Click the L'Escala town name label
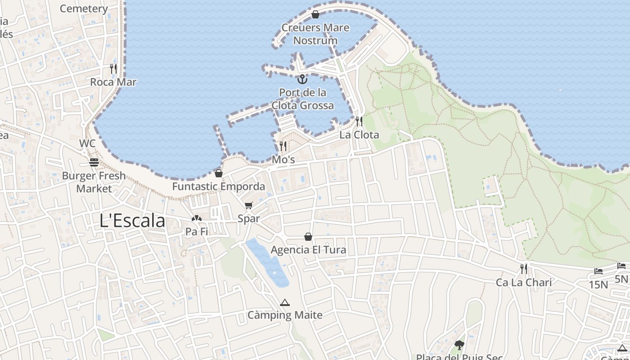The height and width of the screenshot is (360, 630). [x=132, y=221]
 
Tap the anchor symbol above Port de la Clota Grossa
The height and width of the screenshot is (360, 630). [x=302, y=80]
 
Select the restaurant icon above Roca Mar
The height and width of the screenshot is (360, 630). [x=113, y=69]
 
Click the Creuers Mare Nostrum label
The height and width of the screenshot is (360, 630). [x=315, y=34]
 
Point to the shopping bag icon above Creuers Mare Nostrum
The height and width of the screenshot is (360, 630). [x=315, y=14]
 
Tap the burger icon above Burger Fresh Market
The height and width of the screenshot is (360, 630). [x=94, y=162]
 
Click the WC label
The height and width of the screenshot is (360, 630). [x=87, y=143]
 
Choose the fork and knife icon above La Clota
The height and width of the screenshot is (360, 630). [x=359, y=121]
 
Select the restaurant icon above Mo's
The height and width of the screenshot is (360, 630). [x=283, y=146]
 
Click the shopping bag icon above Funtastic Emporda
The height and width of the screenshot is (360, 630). [x=219, y=173]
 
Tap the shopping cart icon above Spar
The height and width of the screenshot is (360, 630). [x=249, y=206]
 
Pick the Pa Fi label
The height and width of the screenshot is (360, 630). [x=197, y=232]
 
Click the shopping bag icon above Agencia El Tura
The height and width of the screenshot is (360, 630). [x=308, y=237]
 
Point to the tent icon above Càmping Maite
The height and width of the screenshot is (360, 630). [x=284, y=302]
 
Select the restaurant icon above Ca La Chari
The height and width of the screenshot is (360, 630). [x=524, y=269]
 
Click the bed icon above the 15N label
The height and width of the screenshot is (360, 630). [x=598, y=271]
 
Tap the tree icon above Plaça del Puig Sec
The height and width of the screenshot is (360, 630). [x=459, y=345]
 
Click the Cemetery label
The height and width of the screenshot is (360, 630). [x=84, y=9]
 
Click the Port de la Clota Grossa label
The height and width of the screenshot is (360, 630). [x=302, y=99]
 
